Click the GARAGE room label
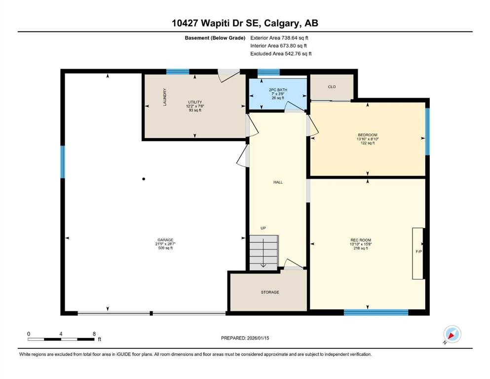(165, 240)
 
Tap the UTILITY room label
(194, 102)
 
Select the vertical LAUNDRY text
(165, 97)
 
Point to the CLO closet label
(332, 87)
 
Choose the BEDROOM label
(367, 135)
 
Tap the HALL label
(278, 182)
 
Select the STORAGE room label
(270, 292)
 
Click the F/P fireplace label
(419, 251)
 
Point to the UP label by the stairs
(264, 228)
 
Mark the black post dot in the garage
(144, 179)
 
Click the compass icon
(452, 334)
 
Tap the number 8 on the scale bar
(94, 334)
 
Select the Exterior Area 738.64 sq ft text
(279, 38)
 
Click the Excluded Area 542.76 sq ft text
(281, 54)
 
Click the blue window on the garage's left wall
(63, 161)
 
